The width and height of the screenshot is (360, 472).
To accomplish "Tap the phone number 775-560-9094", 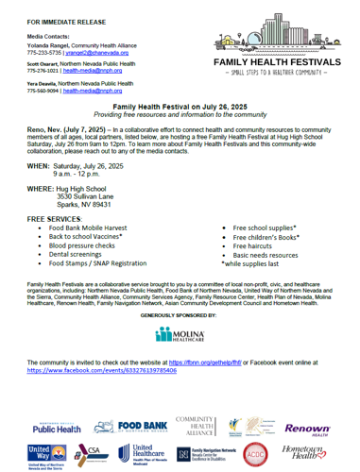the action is click(x=45, y=93).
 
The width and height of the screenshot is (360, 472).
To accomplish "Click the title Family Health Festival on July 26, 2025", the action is click(x=180, y=110).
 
